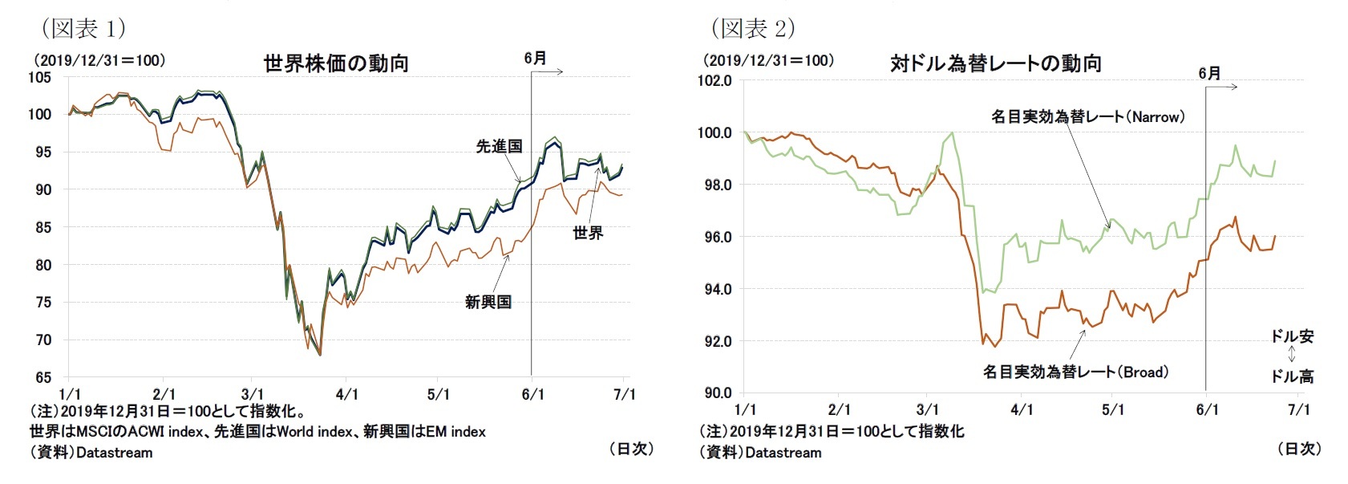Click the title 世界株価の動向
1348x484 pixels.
coord(336,63)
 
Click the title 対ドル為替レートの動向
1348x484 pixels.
coord(995,63)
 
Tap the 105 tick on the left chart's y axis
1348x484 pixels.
coord(39,78)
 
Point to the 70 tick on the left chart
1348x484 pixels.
coord(43,340)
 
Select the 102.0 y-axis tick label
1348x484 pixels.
coord(714,80)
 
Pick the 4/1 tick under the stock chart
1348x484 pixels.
coord(346,394)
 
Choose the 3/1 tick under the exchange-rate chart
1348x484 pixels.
coord(927,409)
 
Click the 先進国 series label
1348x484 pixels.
coord(499,146)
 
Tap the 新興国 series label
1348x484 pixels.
coord(488,303)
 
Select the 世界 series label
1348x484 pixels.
coord(588,233)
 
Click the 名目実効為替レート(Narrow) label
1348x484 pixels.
coord(1087,117)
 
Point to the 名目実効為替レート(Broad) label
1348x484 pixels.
coord(1075,372)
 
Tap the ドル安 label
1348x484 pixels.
coord(1292,336)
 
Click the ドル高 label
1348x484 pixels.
coord(1292,376)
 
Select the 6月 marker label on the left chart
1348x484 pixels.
coord(535,58)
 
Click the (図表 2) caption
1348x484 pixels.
coord(753,29)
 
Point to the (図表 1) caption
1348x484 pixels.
coord(83,29)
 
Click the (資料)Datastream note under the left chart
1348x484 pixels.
coord(91,453)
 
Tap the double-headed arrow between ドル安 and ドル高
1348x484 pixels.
coord(1292,356)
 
